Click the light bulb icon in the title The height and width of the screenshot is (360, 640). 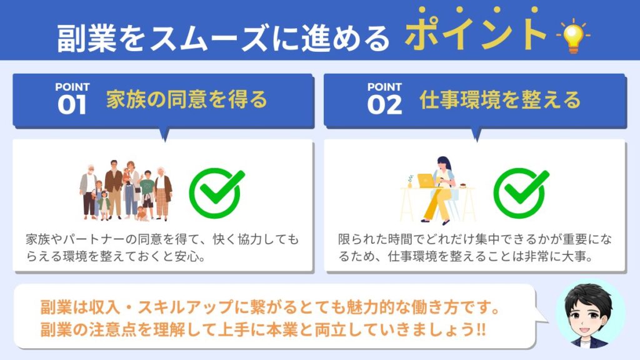[573, 36]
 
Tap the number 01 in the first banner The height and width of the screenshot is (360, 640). [72, 104]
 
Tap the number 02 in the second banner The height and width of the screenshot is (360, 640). [384, 104]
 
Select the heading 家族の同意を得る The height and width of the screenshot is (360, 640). [186, 100]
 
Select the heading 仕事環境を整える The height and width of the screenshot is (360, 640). [500, 100]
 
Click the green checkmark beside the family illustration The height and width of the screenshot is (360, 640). [217, 192]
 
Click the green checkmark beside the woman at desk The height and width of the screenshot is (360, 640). [521, 192]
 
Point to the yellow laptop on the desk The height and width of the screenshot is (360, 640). [426, 181]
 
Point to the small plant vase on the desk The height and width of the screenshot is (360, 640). [410, 182]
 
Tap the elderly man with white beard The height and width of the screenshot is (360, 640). [88, 192]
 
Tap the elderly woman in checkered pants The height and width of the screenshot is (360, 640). [162, 193]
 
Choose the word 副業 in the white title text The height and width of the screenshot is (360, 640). [72, 39]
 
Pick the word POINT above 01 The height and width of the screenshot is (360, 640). [72, 87]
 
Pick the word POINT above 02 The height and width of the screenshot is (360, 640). [384, 87]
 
